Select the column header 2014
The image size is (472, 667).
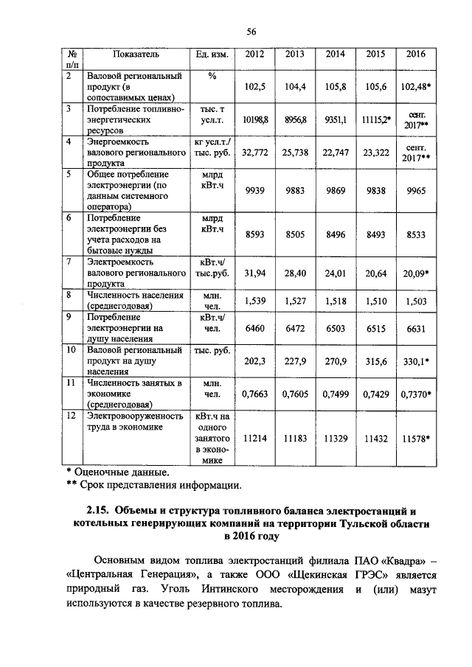click(x=335, y=54)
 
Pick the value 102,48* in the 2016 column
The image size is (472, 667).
click(x=416, y=86)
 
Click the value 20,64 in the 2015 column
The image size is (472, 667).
click(x=376, y=273)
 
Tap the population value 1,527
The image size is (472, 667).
click(x=294, y=301)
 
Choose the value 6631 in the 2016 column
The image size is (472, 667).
click(x=416, y=329)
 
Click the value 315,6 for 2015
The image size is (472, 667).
click(x=376, y=362)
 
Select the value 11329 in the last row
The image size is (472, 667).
click(x=335, y=438)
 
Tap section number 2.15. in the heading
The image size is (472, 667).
click(x=98, y=511)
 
